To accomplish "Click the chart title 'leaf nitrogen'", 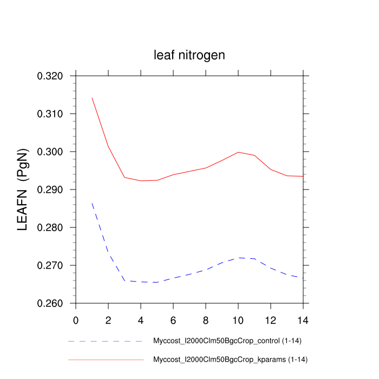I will pos(189,55).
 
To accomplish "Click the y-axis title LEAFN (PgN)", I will pos(23,190).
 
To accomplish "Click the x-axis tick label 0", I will pos(76,320).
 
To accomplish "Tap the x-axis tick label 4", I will pos(141,320).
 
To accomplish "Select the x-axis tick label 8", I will pos(206,320).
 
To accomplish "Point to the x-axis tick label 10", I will pos(238,320).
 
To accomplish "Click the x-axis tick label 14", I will pos(303,320).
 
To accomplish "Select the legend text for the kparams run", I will pos(231,360).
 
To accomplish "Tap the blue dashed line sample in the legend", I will pos(106,342).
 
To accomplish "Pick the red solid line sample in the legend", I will pos(106,360).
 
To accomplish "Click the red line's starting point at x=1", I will pos(92,98).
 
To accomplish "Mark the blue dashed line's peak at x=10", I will pos(238,258).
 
